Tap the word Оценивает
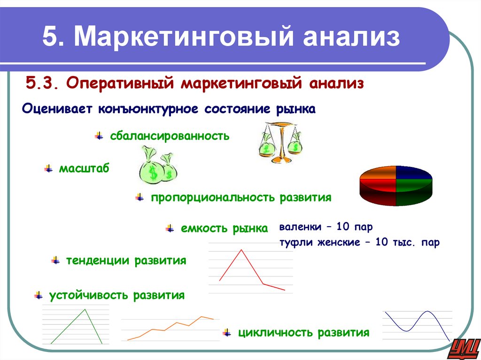coord(56,109)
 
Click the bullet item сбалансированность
coord(170,136)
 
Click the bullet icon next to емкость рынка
coord(170,229)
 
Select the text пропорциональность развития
coord(241,198)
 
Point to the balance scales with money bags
coord(280,142)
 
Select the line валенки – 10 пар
coord(326,227)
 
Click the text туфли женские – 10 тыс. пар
coord(359,243)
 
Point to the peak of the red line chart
coord(241,250)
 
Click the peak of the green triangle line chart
coord(85,309)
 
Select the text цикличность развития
coord(303,333)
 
